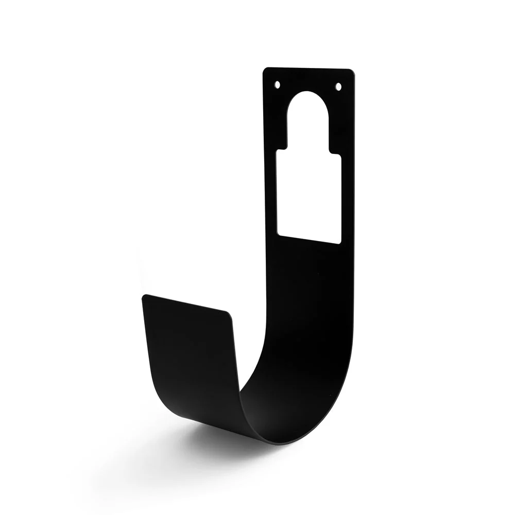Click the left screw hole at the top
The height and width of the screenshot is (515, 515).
pyautogui.click(x=277, y=84)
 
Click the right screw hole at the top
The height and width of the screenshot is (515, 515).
pyautogui.click(x=338, y=87)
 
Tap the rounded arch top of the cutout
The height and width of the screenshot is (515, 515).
pyautogui.click(x=308, y=93)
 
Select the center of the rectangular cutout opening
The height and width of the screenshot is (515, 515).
pyautogui.click(x=309, y=196)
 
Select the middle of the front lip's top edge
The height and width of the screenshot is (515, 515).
pyautogui.click(x=186, y=304)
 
